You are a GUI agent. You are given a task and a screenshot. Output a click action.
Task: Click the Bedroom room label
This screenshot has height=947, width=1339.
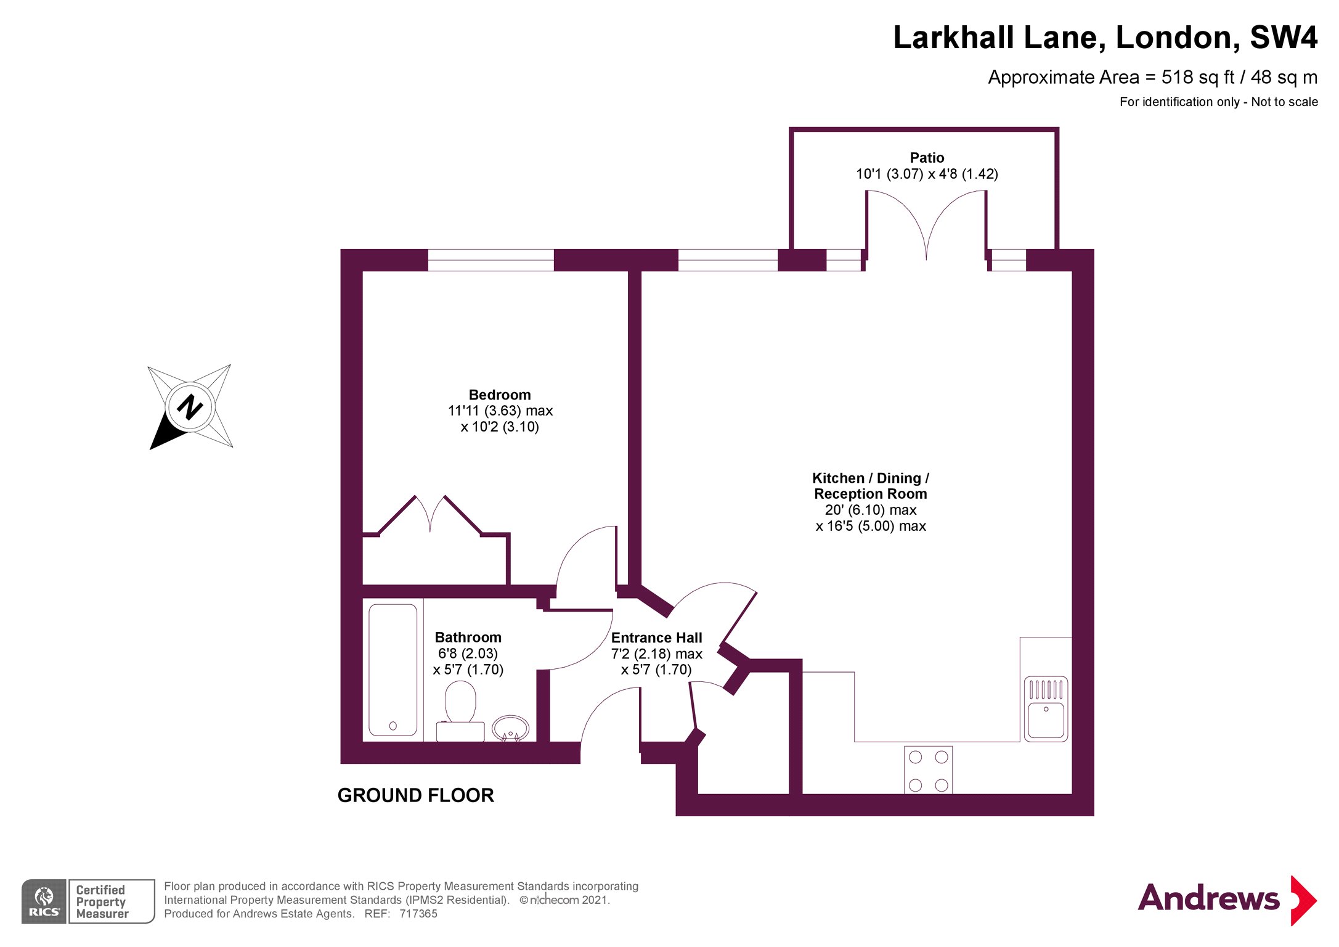(499, 395)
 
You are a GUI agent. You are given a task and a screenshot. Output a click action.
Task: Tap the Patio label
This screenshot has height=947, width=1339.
(926, 158)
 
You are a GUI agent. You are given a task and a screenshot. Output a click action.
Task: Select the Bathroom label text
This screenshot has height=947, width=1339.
(468, 637)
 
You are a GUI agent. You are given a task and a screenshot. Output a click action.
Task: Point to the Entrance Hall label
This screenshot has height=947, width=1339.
(656, 637)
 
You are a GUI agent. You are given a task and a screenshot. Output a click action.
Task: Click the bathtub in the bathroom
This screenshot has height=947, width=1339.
(393, 670)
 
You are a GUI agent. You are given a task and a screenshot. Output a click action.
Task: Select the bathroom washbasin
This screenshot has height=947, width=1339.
(510, 728)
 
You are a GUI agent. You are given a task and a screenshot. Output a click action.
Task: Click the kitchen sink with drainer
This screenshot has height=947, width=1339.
(1046, 708)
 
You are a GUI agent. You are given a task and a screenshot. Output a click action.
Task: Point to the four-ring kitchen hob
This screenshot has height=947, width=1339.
(928, 770)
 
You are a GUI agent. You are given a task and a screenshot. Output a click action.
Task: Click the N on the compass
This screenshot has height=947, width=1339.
(190, 407)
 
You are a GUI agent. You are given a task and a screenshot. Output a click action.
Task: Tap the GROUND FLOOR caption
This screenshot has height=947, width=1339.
(415, 795)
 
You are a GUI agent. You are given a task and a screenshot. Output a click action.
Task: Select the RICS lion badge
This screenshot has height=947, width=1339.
(44, 901)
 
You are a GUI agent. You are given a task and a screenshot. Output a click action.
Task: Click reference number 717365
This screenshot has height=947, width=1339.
(418, 914)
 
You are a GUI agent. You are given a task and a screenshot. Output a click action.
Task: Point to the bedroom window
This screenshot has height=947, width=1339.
(490, 260)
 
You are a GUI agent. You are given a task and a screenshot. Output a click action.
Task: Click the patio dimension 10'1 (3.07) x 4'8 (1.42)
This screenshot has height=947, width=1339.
(926, 174)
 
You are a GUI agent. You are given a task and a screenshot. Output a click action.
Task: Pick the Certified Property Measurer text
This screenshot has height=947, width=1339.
(102, 901)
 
